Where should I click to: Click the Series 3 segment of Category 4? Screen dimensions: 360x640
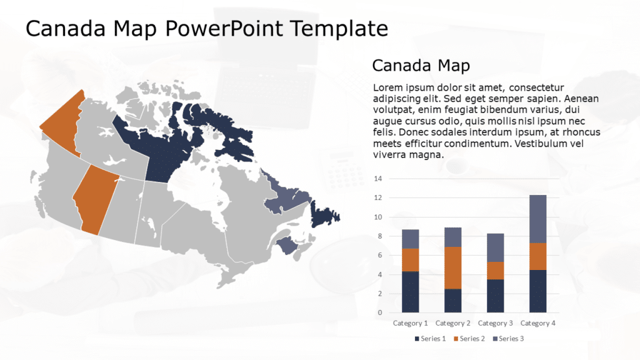coord(537,219)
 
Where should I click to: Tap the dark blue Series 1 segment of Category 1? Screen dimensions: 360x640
coord(410,292)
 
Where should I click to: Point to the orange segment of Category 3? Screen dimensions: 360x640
coord(495,270)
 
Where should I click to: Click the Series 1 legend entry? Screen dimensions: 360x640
coord(431,339)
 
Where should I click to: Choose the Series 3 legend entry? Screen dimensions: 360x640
coord(509,339)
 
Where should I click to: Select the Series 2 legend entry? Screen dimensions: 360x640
coord(470,339)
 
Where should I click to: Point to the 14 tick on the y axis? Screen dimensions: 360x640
coord(378,179)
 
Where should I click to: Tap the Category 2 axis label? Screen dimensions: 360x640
coord(452,323)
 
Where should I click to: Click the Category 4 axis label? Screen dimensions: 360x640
coord(537,323)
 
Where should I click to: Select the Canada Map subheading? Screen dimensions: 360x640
coord(421,65)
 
